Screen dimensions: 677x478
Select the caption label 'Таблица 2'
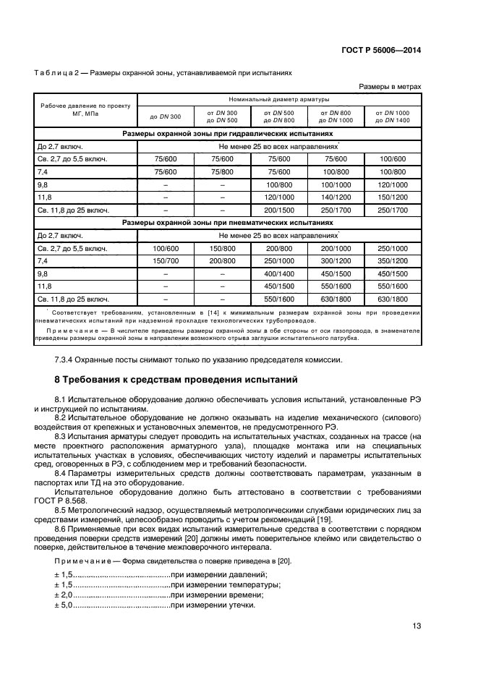click(x=56, y=73)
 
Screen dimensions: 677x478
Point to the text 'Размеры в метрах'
click(x=390, y=86)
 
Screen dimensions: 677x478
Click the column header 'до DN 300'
click(x=165, y=117)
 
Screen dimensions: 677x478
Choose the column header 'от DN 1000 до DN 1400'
click(x=392, y=117)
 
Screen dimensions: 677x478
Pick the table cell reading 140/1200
click(x=336, y=196)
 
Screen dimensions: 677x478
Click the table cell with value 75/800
click(x=222, y=171)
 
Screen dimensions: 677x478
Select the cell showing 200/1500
click(x=278, y=209)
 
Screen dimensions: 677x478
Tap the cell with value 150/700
click(x=165, y=260)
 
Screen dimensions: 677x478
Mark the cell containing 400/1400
click(x=278, y=273)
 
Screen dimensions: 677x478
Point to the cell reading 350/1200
click(x=392, y=260)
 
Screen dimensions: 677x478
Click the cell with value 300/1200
click(x=336, y=260)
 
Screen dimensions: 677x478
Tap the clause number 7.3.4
click(x=67, y=359)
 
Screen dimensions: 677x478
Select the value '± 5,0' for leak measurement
click(x=63, y=605)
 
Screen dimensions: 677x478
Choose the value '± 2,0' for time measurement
click(x=63, y=595)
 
